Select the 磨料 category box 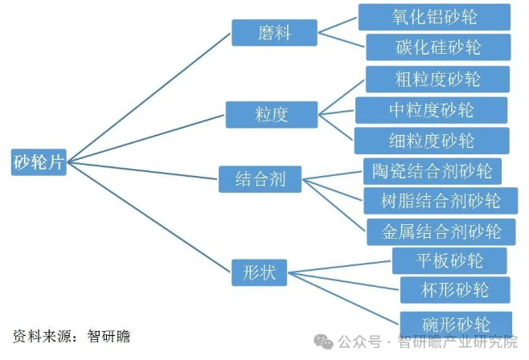click(274, 33)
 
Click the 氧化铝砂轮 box click(434, 16)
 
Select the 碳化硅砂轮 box click(438, 46)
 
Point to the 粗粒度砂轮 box click(437, 79)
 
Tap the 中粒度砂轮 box click(431, 109)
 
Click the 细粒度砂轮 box click(432, 141)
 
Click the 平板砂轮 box click(449, 260)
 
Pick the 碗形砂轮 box click(455, 324)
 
